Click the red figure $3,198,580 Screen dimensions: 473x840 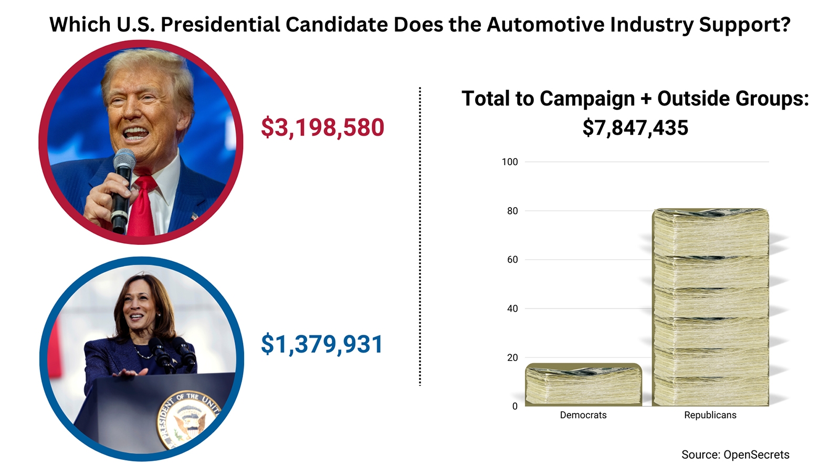tap(322, 128)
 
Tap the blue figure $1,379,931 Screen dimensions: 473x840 tap(322, 344)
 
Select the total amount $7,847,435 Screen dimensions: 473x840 tap(635, 128)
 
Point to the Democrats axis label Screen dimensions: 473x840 tap(583, 415)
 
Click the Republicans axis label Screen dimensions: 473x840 tap(710, 415)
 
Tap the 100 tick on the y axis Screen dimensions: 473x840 tap(510, 162)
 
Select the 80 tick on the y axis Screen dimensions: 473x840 tap(512, 211)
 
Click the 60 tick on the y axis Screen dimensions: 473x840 tap(512, 260)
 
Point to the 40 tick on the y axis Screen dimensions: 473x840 tap(512, 309)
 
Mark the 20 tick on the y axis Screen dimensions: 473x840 tap(512, 358)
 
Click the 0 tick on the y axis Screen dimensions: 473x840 tap(515, 406)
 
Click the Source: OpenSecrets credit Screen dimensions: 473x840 tap(735, 455)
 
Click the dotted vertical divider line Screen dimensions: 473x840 tap(420, 236)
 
